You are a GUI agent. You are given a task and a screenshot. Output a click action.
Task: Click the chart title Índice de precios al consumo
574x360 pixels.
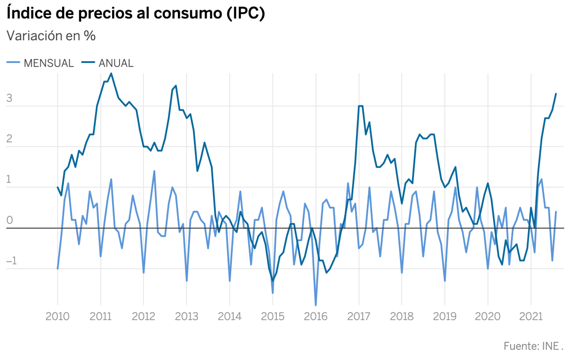[135, 13]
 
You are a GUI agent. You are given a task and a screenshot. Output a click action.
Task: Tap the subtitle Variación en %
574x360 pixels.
[51, 36]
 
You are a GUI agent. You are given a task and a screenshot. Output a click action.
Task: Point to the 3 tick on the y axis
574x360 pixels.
[10, 98]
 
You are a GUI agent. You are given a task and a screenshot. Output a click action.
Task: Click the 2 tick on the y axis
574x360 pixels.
[10, 139]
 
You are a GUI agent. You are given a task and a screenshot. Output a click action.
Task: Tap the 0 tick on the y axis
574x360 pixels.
[10, 220]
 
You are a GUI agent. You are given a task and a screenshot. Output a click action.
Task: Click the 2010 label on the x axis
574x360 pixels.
[57, 316]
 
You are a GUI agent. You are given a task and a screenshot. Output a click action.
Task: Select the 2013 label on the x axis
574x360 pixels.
[186, 316]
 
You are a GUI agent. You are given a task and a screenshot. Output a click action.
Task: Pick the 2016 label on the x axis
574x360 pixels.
[316, 316]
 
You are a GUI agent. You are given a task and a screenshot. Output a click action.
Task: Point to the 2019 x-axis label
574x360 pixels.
[445, 316]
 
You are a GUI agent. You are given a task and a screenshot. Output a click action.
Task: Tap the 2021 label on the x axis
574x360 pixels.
[531, 316]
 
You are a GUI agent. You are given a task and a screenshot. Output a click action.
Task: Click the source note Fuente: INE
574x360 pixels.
[533, 346]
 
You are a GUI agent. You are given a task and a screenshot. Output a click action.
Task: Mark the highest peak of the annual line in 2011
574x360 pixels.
[111, 74]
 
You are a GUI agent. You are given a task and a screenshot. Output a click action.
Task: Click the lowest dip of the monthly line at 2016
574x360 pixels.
[316, 305]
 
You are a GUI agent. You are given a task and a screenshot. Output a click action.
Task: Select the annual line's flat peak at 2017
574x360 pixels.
[360, 106]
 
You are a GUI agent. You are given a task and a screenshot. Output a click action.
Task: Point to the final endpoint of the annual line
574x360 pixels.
[556, 94]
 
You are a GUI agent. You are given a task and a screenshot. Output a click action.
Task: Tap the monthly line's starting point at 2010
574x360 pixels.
[57, 268]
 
